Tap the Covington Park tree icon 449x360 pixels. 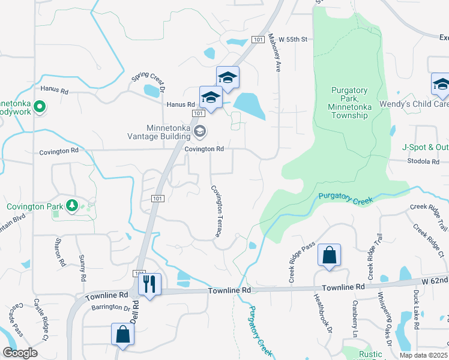click(x=72, y=206)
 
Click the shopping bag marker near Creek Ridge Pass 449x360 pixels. click(x=329, y=256)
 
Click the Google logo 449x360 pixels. click(x=20, y=353)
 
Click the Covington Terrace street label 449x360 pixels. click(x=217, y=210)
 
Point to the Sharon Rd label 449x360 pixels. click(x=59, y=252)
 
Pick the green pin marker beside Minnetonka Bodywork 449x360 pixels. click(x=40, y=108)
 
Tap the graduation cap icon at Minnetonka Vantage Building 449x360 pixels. click(x=200, y=130)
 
